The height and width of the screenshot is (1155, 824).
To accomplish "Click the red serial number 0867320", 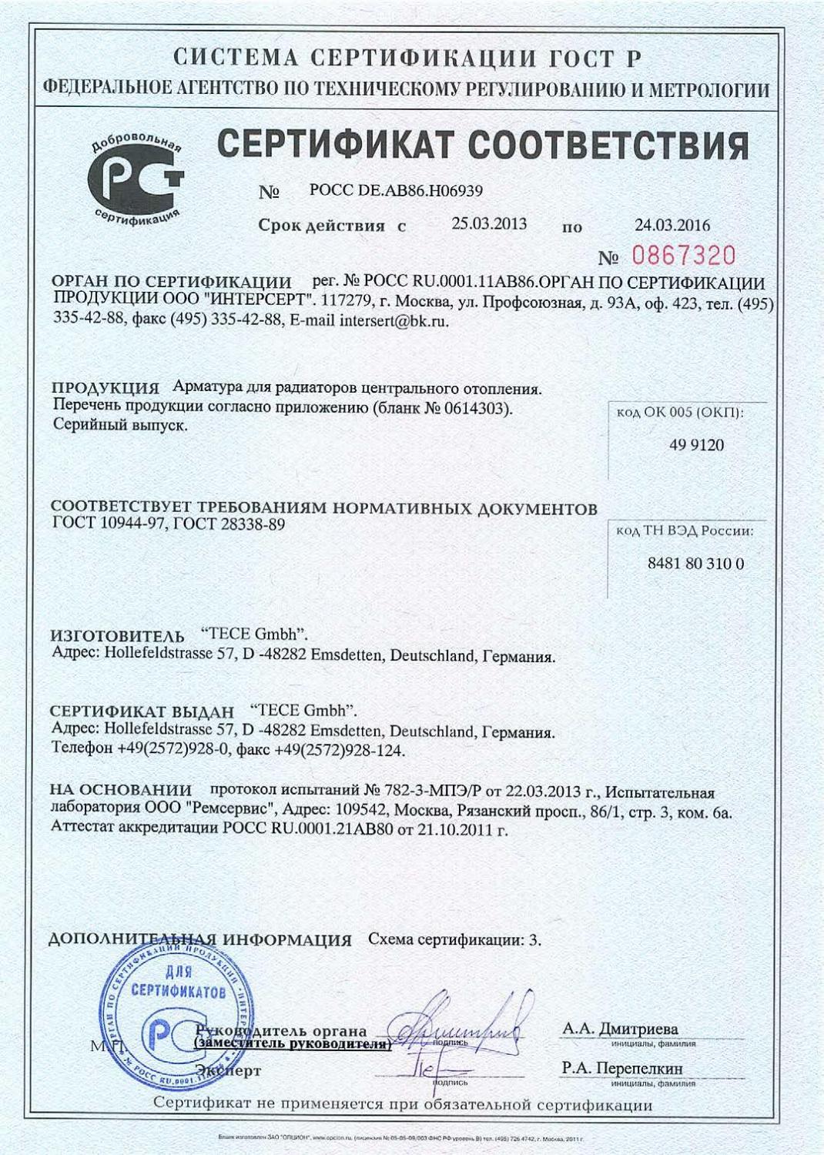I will (684, 256).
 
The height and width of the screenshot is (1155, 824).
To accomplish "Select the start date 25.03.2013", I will (489, 224).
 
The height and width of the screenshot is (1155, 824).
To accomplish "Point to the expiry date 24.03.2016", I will (672, 225).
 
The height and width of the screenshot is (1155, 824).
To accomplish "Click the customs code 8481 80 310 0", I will (695, 564).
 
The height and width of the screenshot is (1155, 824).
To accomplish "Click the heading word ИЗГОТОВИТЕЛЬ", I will (117, 638).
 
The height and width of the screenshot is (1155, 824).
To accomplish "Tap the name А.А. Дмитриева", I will (620, 1029).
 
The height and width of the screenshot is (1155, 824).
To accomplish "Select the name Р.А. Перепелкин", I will (621, 1068).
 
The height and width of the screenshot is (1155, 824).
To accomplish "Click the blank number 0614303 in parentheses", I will (477, 408).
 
